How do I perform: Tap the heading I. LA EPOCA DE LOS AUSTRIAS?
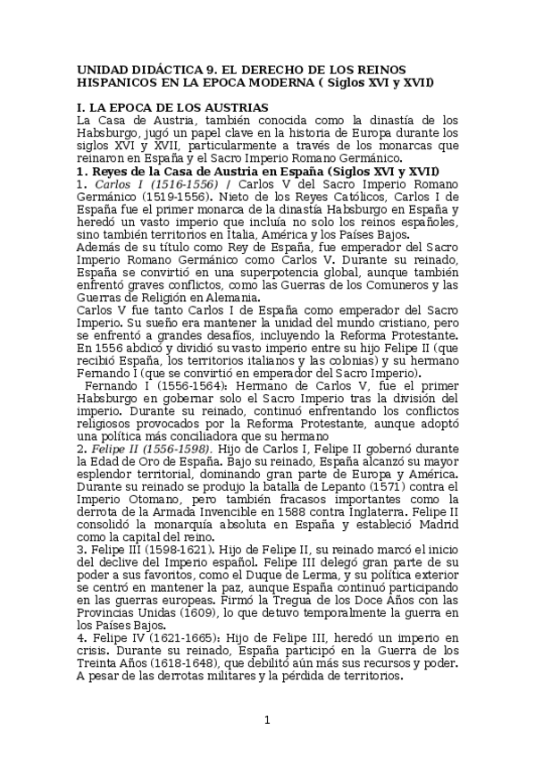click(x=173, y=107)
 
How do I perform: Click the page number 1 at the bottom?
click(x=266, y=720)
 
